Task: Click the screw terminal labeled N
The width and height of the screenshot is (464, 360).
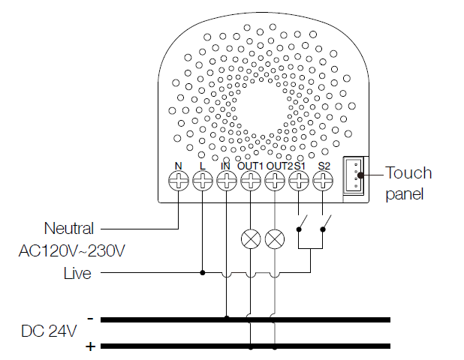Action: click(178, 180)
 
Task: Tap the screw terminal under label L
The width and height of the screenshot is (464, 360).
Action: click(203, 180)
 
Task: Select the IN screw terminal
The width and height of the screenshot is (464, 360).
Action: click(227, 180)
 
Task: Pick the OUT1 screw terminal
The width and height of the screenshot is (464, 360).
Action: click(251, 180)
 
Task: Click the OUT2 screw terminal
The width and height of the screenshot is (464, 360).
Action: click(276, 180)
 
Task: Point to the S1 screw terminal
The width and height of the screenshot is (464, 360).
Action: click(300, 180)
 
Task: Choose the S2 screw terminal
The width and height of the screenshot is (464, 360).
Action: click(324, 180)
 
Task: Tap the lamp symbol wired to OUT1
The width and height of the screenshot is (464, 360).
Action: click(251, 239)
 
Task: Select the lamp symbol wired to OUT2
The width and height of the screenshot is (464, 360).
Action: click(276, 239)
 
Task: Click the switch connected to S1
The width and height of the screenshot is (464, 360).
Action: click(302, 224)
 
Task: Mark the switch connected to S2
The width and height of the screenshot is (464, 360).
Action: click(326, 224)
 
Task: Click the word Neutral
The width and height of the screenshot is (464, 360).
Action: click(70, 227)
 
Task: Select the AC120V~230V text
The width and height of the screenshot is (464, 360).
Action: click(71, 250)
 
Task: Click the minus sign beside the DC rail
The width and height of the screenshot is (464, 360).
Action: click(90, 319)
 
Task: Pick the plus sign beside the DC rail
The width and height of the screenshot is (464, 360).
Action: click(90, 346)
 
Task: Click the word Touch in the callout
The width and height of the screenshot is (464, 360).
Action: click(408, 173)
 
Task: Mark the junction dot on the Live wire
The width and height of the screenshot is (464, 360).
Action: click(203, 273)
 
